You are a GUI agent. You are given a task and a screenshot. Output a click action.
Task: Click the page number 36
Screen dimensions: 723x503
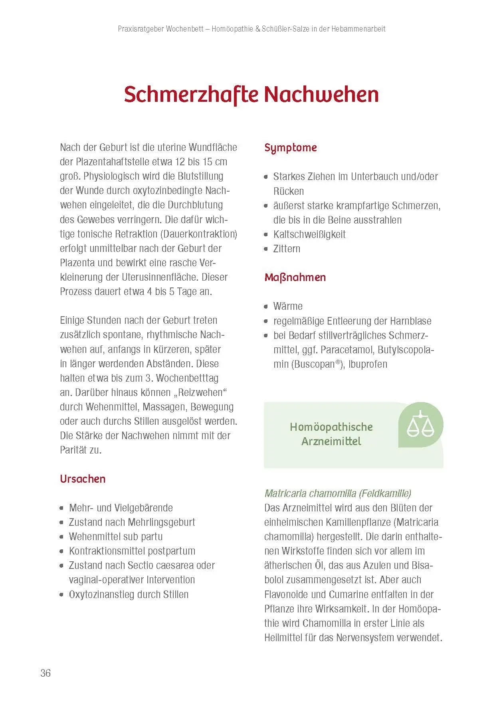point(46,673)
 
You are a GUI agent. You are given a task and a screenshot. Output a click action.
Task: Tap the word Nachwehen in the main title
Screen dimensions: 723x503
point(321,95)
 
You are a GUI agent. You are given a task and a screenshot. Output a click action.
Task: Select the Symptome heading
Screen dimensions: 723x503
point(291,148)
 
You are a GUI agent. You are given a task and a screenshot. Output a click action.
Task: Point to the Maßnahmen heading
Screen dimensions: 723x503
point(295,277)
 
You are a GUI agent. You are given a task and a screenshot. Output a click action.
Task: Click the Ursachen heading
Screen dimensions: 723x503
point(83,479)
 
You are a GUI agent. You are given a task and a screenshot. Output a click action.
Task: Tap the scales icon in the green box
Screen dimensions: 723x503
point(420,425)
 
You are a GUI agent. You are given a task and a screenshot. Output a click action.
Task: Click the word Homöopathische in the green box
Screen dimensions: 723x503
point(331,427)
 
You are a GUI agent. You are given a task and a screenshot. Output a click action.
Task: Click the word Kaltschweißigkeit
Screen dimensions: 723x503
point(309,234)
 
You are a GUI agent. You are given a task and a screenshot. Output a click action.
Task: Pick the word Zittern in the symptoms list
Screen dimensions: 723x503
point(287,249)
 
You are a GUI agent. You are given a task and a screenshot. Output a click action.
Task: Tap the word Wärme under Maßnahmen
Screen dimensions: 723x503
point(288,306)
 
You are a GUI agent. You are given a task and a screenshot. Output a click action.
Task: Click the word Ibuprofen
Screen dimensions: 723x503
point(368,364)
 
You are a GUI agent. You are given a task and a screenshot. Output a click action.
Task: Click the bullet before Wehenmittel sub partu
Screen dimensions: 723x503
point(61,537)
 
